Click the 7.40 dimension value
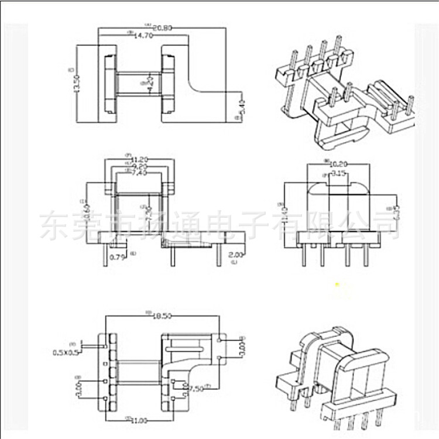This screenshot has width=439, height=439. click(139, 173)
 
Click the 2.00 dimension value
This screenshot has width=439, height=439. click(236, 255)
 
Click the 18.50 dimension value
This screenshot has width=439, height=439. click(162, 317)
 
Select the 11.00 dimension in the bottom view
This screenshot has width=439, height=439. click(139, 420)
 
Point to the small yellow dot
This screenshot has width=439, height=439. click(337, 285)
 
